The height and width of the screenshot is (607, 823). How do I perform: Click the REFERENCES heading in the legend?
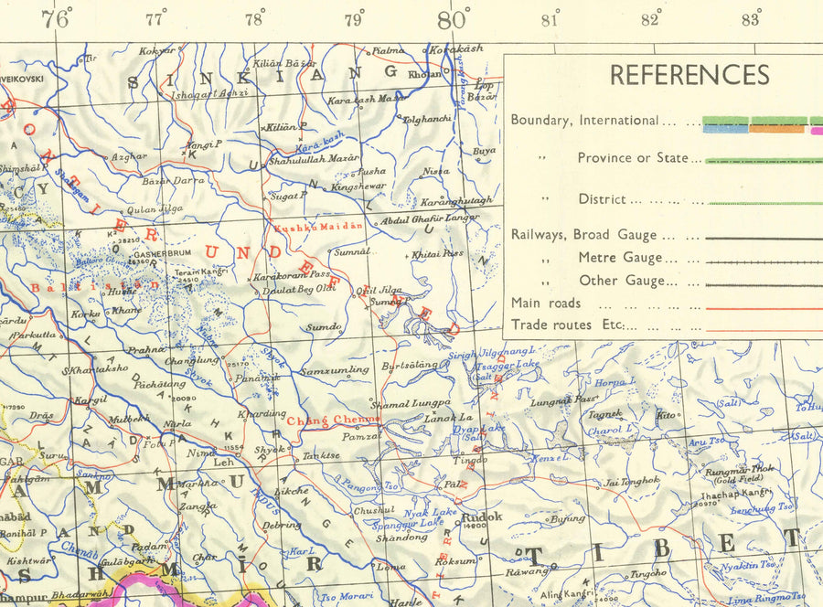[689, 75]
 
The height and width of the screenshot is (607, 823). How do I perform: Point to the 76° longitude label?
[56, 18]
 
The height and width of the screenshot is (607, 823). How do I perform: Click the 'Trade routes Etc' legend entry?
[567, 325]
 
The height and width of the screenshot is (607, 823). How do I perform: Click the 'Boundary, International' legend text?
[583, 120]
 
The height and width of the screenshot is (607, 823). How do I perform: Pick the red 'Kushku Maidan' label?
[318, 225]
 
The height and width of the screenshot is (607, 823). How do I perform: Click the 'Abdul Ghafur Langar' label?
[430, 218]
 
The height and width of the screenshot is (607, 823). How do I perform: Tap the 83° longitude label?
[751, 18]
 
